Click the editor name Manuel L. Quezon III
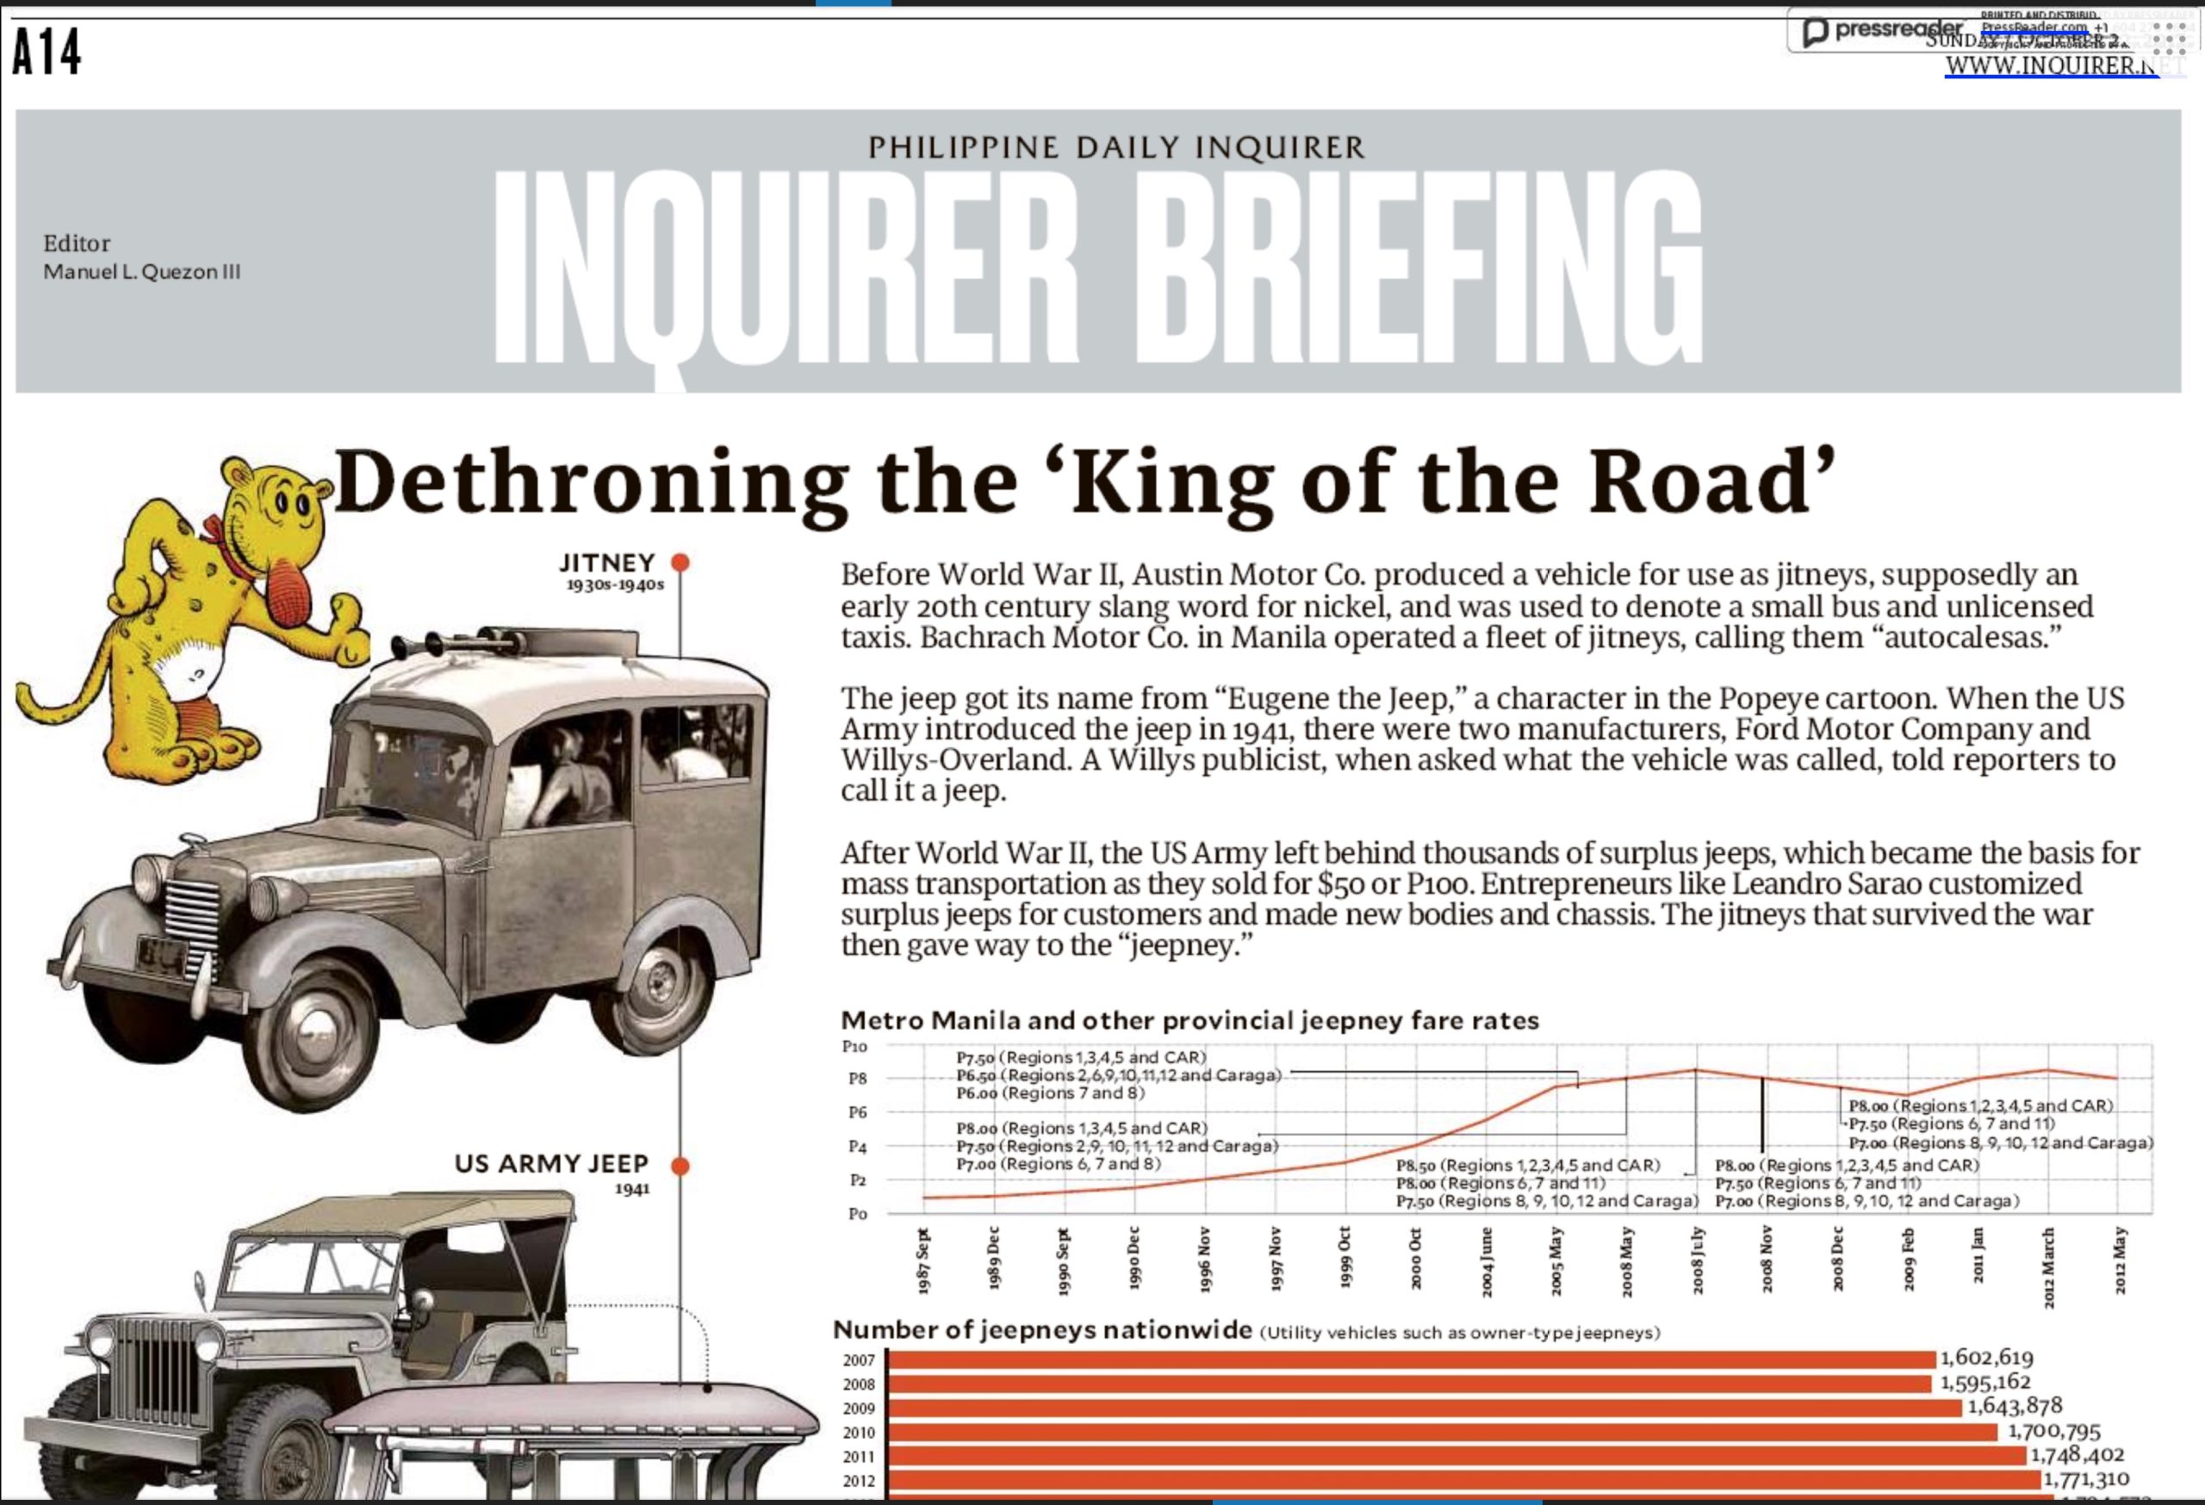coord(141,272)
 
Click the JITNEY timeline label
coord(607,563)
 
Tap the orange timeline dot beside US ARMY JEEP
coord(680,1166)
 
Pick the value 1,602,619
coord(1987,1358)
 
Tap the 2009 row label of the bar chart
coord(859,1409)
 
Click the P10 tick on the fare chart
coord(854,1047)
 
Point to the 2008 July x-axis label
coord(1698,1260)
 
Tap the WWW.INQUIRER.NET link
coord(2050,66)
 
